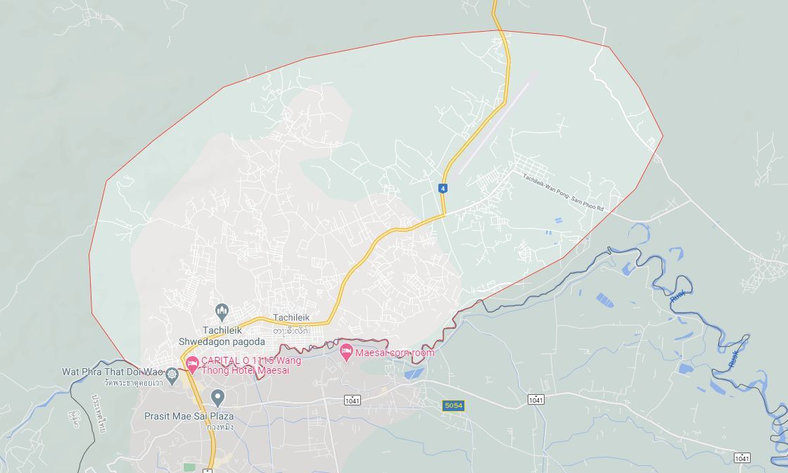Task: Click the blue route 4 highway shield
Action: point(443,189)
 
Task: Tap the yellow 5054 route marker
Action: point(453,405)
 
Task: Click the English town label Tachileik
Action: point(291,317)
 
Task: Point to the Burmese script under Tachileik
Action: point(291,330)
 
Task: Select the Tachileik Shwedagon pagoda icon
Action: point(222,311)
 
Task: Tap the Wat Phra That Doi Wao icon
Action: point(172,372)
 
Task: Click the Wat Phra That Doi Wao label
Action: point(112,372)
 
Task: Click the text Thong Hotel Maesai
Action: point(245,370)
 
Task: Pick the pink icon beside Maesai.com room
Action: point(345,352)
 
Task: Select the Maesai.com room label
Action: point(395,353)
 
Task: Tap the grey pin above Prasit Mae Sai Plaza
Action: point(218,398)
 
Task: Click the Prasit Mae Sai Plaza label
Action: point(189,416)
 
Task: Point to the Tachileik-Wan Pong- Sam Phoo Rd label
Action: point(563,192)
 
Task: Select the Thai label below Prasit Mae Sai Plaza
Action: point(220,427)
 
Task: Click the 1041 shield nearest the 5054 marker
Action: point(535,400)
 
